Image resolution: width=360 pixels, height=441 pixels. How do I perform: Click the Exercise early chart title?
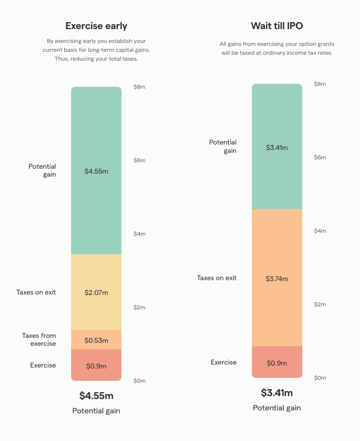pyautogui.click(x=96, y=26)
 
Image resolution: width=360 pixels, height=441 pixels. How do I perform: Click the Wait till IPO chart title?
pyautogui.click(x=277, y=26)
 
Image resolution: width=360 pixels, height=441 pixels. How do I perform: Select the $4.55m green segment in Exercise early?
pyautogui.click(x=96, y=171)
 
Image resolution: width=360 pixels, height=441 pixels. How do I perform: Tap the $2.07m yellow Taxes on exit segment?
pyautogui.click(x=96, y=292)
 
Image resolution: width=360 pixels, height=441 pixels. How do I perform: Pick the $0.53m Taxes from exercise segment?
pyautogui.click(x=96, y=340)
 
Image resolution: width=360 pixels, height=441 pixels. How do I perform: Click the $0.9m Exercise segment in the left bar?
pyautogui.click(x=96, y=366)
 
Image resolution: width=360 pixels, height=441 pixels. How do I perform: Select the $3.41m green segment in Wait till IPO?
pyautogui.click(x=277, y=147)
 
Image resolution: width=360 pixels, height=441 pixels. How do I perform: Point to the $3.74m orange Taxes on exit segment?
pyautogui.click(x=277, y=278)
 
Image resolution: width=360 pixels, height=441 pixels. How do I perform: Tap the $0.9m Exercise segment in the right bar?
pyautogui.click(x=277, y=363)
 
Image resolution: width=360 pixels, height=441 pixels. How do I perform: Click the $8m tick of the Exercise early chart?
pyautogui.click(x=139, y=87)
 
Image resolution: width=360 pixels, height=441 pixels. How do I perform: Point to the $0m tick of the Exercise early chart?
pyautogui.click(x=139, y=381)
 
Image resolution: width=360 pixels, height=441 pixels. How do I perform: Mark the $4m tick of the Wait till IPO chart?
pyautogui.click(x=320, y=231)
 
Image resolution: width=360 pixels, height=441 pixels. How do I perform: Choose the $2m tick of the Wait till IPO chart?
pyautogui.click(x=320, y=304)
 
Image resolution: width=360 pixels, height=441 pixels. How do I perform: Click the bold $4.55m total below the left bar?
pyautogui.click(x=96, y=396)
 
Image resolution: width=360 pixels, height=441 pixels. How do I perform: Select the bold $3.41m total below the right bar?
pyautogui.click(x=277, y=393)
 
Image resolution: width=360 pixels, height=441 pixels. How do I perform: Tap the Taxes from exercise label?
pyautogui.click(x=39, y=339)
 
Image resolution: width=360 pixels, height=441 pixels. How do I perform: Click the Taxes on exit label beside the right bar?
pyautogui.click(x=217, y=278)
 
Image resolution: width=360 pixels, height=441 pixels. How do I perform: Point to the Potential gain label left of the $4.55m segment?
pyautogui.click(x=42, y=170)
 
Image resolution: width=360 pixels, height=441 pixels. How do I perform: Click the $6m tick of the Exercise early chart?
pyautogui.click(x=139, y=160)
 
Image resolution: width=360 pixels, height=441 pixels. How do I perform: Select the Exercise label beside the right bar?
pyautogui.click(x=224, y=362)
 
